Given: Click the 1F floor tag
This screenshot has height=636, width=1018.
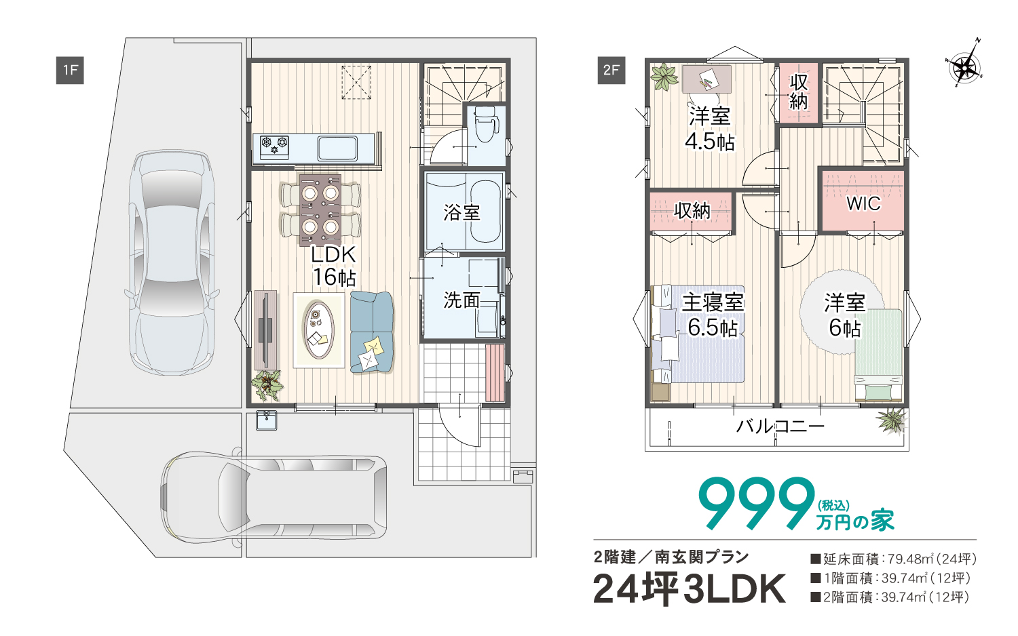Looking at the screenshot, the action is pos(70,70).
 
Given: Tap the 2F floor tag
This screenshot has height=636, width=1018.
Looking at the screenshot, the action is pos(611,70).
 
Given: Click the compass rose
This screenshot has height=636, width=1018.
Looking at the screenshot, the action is pos(965,66).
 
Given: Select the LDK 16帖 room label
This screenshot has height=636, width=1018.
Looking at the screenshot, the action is pos(334,266).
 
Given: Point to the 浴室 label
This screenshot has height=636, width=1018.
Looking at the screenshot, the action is pos(461,212).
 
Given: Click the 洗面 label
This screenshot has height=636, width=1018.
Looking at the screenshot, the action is pos(461,300).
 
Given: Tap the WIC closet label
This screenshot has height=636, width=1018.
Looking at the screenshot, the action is pos(863,203).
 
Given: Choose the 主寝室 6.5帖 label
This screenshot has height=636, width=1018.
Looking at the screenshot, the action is pos(713,315).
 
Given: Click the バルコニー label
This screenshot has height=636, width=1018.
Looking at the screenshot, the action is pos(780,426).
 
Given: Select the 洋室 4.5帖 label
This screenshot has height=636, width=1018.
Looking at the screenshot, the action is pos(709,128).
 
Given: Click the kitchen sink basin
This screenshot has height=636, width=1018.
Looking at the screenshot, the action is pos(337,148).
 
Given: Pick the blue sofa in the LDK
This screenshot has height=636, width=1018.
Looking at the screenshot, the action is pos(372,332).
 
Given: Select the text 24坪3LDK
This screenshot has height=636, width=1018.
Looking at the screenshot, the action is pos(690,589).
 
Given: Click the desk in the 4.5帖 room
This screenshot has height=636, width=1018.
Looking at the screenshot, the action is pos(706,79).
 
